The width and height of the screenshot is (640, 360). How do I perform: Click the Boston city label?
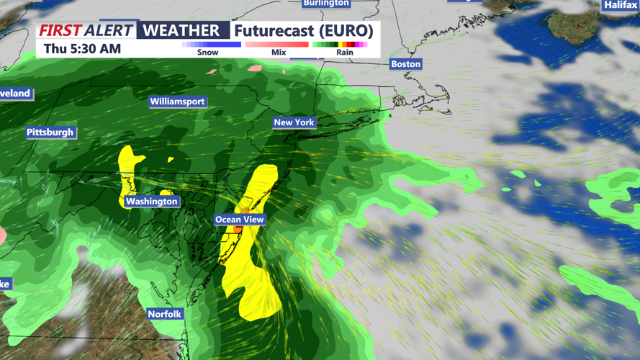click(x=405, y=64)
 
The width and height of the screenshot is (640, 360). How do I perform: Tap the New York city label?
click(x=294, y=122)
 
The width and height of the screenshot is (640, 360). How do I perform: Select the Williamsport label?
click(x=177, y=102)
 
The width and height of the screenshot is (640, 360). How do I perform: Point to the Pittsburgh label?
click(x=50, y=132)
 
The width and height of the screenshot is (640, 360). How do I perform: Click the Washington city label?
click(x=151, y=202)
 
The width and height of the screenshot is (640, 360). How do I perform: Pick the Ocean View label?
click(x=240, y=220)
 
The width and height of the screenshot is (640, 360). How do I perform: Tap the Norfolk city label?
click(x=165, y=314)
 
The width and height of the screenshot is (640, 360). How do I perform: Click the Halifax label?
click(x=620, y=5)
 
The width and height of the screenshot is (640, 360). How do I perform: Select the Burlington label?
click(x=326, y=3)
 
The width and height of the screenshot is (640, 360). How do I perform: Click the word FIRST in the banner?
click(x=60, y=30)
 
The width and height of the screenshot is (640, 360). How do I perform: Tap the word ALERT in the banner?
click(x=109, y=30)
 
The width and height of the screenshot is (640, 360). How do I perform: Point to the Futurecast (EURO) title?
click(x=304, y=31)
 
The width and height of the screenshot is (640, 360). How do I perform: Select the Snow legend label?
click(x=207, y=53)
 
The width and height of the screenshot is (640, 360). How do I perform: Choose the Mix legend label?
click(x=279, y=53)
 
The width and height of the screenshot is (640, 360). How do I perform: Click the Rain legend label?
click(x=344, y=53)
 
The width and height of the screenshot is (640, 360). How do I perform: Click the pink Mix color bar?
click(x=277, y=45)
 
